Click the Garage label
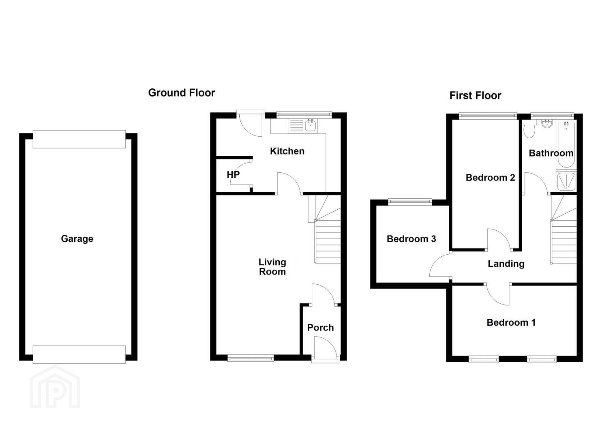[x=77, y=239]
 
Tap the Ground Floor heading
[x=181, y=93]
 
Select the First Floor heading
[x=475, y=95]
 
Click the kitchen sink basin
[x=311, y=126]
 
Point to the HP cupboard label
[x=233, y=175]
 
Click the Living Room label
[x=272, y=267]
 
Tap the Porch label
[x=320, y=328]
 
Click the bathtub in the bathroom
[x=566, y=145]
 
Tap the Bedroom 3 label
[x=411, y=239]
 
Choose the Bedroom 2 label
[x=490, y=178]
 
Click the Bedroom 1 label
[x=511, y=322]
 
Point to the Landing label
[x=506, y=264]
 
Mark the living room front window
[x=251, y=358]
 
